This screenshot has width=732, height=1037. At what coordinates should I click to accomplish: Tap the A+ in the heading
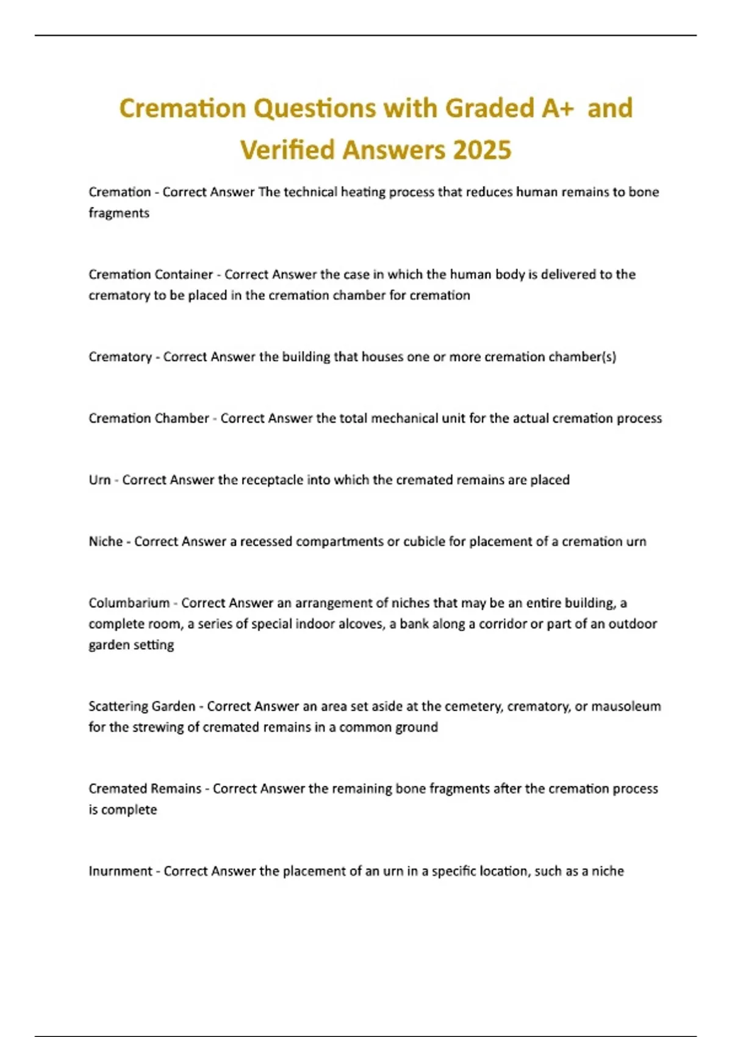558,109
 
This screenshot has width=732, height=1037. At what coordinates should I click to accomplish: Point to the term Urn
99,480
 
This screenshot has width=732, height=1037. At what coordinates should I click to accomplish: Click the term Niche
106,542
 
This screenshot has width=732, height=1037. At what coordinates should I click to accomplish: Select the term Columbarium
129,603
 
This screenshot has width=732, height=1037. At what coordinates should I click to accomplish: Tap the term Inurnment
120,871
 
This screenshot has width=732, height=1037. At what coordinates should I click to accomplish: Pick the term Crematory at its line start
120,357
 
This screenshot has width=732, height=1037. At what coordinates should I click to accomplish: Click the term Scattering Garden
142,706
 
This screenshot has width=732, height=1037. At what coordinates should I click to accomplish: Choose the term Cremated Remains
145,789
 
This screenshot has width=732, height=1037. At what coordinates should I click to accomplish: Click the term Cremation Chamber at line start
149,418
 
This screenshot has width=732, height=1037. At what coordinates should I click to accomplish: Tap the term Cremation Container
151,274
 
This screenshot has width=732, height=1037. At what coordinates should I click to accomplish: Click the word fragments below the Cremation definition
119,213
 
